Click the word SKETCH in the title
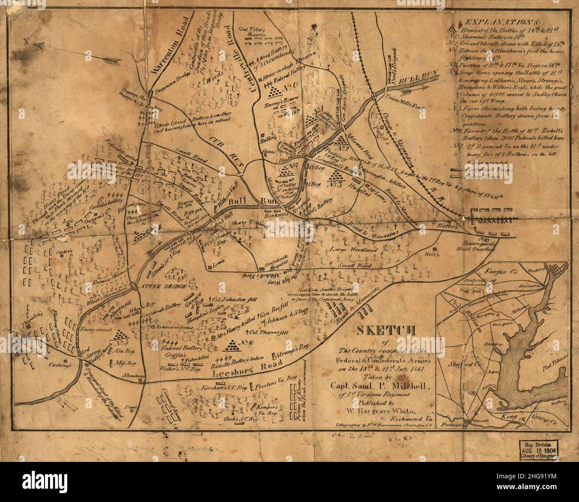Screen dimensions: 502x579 click(386, 330)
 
